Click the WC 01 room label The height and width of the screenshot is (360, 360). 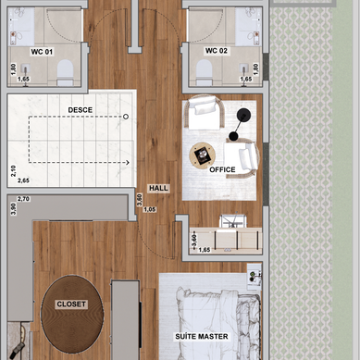(x=42, y=52)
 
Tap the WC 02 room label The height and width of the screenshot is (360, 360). (x=217, y=51)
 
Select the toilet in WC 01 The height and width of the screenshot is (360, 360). (x=65, y=72)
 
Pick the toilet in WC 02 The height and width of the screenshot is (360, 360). (x=205, y=72)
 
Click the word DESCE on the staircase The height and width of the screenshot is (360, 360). (x=81, y=110)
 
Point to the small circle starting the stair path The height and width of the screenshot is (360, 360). (x=126, y=117)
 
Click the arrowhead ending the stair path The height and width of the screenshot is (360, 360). (x=128, y=163)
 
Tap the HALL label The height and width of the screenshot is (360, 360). (x=158, y=188)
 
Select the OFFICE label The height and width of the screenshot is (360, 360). (x=222, y=169)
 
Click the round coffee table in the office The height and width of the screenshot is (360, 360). (x=203, y=155)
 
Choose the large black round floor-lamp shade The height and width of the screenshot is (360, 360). (x=243, y=115)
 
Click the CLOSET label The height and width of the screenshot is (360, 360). (x=71, y=304)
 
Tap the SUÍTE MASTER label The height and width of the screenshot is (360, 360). (x=202, y=336)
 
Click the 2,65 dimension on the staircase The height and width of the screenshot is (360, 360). (x=23, y=180)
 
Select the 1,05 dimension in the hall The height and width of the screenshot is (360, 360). (x=150, y=209)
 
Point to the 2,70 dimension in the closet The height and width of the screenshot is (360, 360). (x=23, y=199)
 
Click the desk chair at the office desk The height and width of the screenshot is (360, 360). (x=233, y=221)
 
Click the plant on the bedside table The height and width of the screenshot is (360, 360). (x=253, y=276)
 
